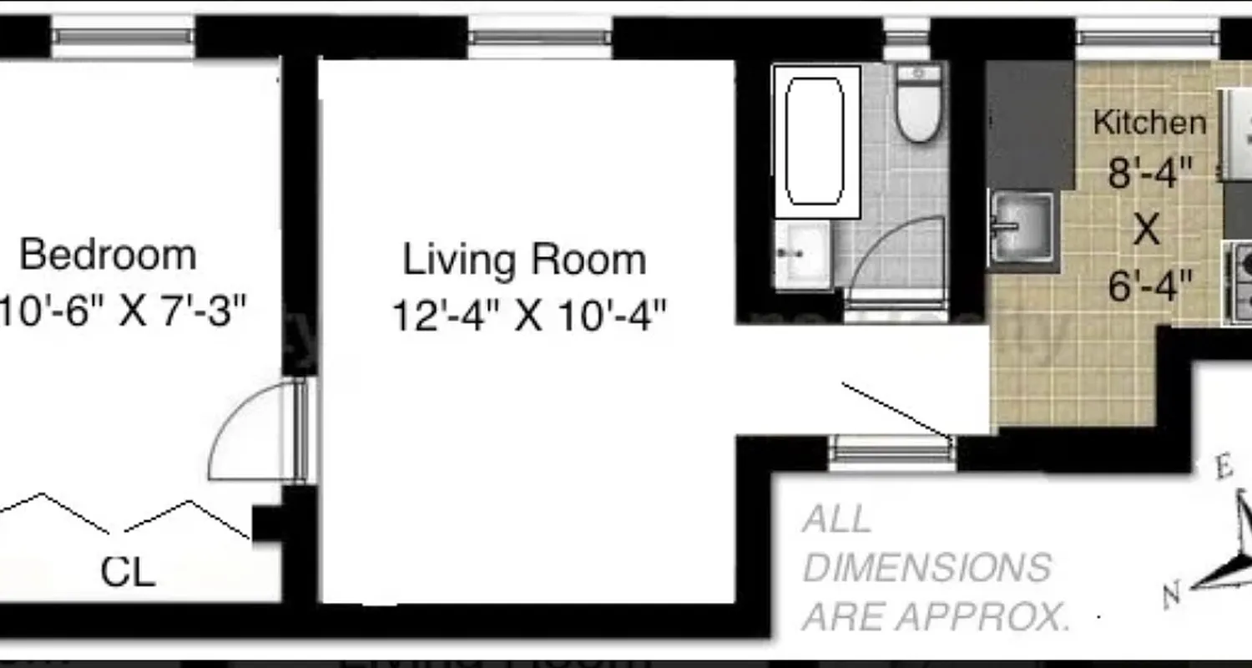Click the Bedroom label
(108, 255)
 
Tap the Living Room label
(524, 260)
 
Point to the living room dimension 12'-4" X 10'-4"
(529, 317)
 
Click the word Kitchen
(1149, 123)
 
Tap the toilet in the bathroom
(919, 104)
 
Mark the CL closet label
(128, 573)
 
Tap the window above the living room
(539, 38)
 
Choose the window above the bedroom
(123, 38)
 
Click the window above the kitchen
(1146, 38)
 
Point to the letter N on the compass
(1173, 595)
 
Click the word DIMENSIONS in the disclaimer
(926, 569)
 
